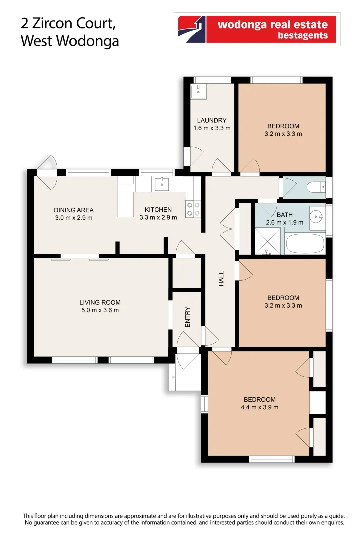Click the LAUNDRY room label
(212, 120)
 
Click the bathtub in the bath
(306, 243)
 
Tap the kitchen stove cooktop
(193, 209)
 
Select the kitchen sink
(161, 184)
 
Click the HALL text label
(221, 278)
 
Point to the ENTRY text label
(188, 317)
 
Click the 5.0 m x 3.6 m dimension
(100, 310)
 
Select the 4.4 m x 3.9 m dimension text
(259, 407)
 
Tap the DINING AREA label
(74, 210)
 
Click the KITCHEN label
(158, 210)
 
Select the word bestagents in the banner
(301, 36)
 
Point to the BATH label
(285, 215)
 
